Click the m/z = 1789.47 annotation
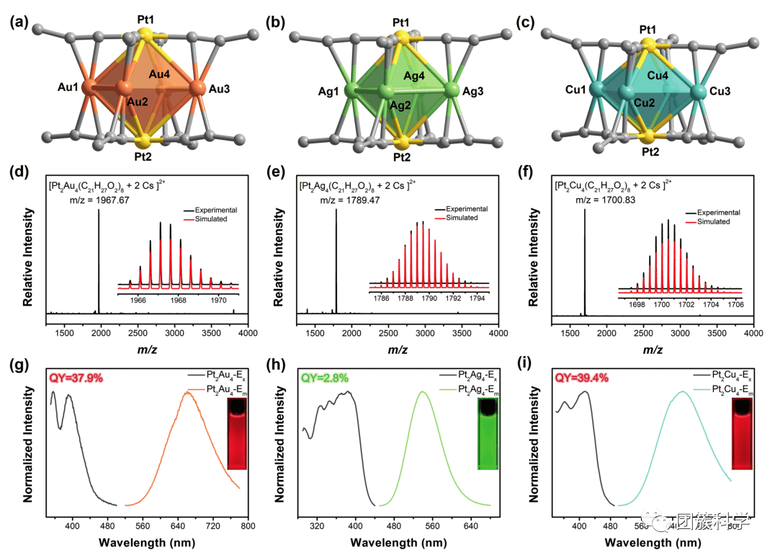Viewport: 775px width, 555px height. tap(349, 200)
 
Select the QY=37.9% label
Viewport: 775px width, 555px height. tap(76, 378)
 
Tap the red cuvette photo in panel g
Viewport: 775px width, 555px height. tap(238, 434)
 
